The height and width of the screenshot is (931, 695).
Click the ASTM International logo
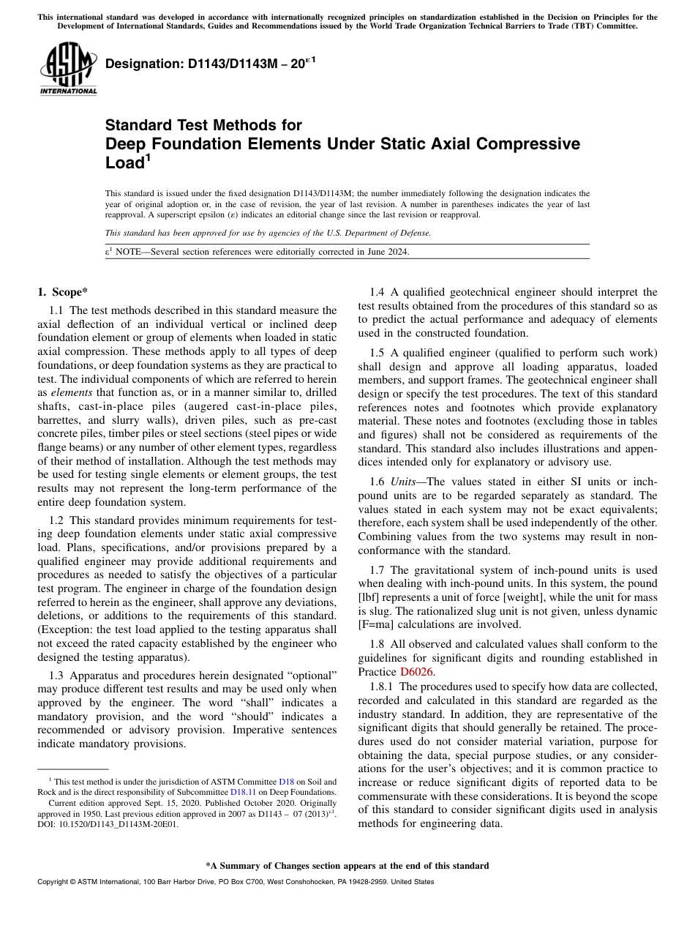(x=67, y=68)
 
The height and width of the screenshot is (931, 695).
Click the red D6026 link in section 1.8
(x=416, y=671)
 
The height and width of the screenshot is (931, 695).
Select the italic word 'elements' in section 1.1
(x=70, y=393)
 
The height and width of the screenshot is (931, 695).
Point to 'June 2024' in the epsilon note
(x=388, y=252)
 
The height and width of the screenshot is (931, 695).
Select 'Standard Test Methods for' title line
(x=203, y=125)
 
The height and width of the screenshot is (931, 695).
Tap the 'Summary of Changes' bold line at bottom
(x=347, y=865)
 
